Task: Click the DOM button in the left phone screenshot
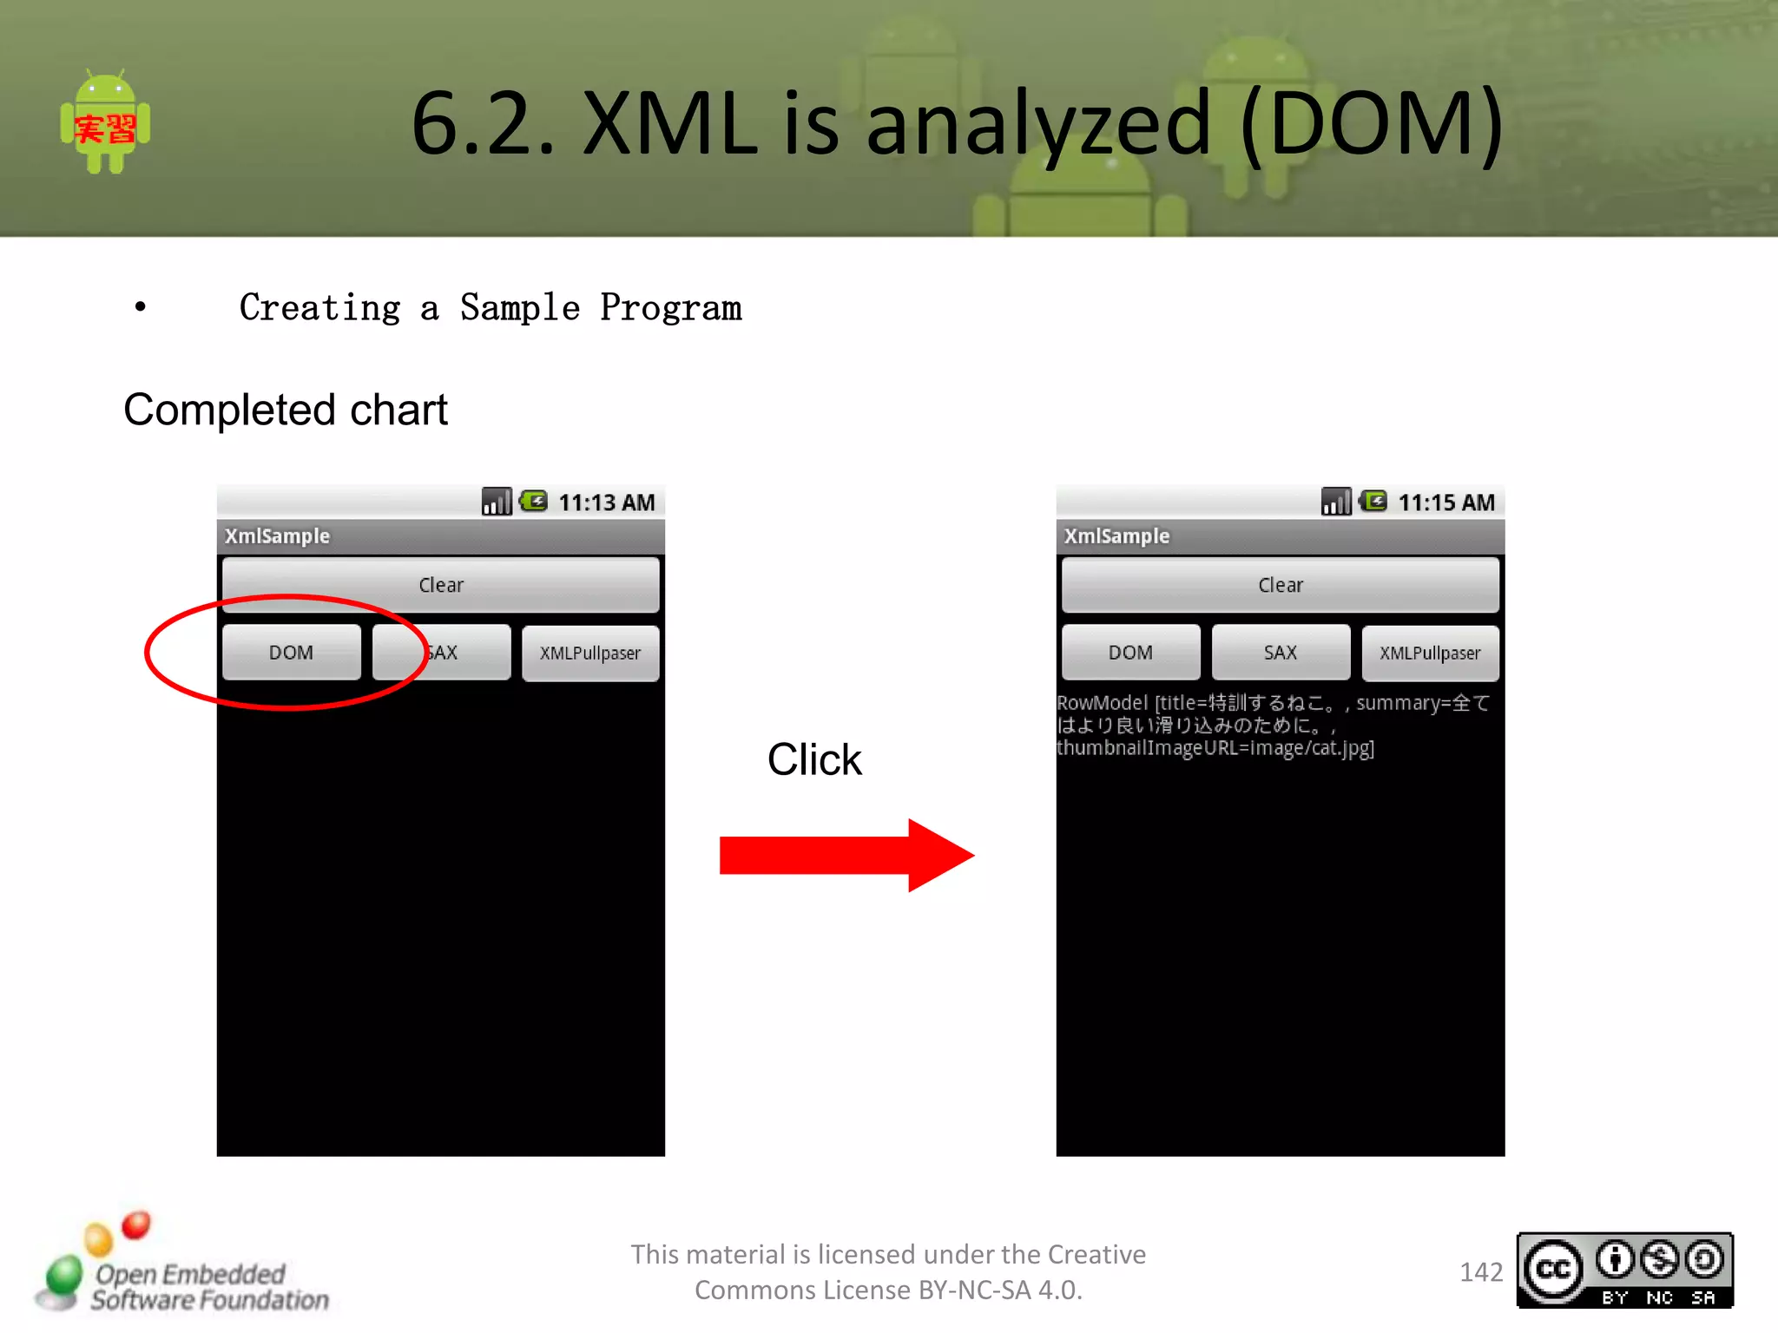pos(291,653)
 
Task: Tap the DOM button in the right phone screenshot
pos(1130,653)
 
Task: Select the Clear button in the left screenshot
pos(441,585)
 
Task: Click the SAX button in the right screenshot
pos(1281,653)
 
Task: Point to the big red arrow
pos(846,855)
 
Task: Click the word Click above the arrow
pos(814,760)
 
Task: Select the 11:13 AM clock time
pos(606,502)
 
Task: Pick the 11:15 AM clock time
pos(1445,502)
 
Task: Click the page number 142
pos(1481,1272)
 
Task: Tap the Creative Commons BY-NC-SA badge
pos(1624,1271)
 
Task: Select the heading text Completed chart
pos(286,410)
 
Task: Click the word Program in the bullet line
pos(670,308)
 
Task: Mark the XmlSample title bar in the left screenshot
pos(441,536)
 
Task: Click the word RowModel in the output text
pos(1102,703)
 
